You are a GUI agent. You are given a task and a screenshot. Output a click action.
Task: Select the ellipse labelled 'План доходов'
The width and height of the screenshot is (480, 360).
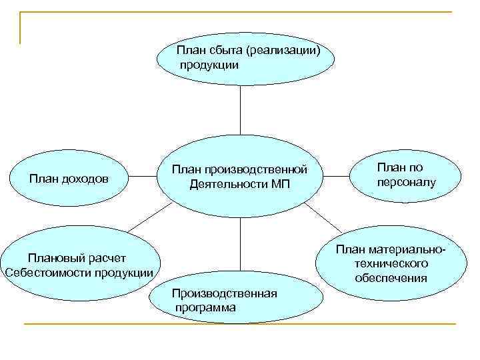[x=71, y=178]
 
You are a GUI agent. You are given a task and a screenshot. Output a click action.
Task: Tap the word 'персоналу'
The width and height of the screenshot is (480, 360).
[x=405, y=181]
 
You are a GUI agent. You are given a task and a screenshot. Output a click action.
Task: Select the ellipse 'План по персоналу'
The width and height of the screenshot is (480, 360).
[x=405, y=175]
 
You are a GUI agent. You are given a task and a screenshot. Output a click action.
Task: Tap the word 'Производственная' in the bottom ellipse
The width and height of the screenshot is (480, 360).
[x=225, y=293]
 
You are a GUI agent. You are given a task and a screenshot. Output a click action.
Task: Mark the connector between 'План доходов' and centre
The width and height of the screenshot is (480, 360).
[x=143, y=178]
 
